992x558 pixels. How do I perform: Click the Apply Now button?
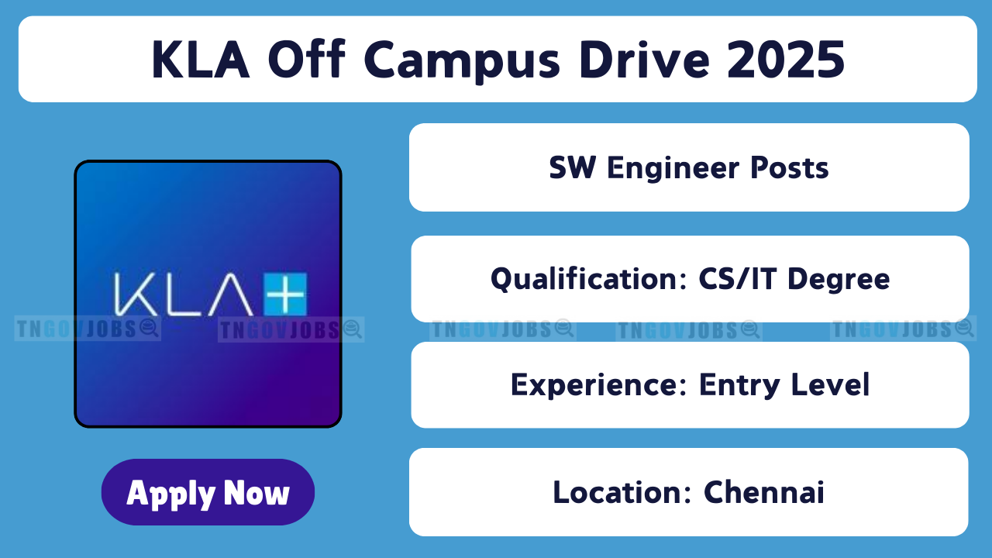coord(208,492)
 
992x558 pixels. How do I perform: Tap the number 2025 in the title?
coord(786,60)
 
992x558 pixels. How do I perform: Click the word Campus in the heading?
coord(463,60)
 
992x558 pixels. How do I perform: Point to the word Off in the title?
coord(306,59)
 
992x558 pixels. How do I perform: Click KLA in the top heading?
coord(201,60)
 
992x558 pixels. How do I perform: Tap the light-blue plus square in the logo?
coord(285,294)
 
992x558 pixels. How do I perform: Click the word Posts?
coord(789,168)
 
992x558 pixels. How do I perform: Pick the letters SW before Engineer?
coord(572,167)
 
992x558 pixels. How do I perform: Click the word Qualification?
coord(588,280)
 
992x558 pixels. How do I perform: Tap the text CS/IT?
coord(737,278)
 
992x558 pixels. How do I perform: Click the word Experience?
coord(598,385)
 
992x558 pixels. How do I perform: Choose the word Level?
coord(830,384)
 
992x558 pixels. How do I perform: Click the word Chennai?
coord(764,492)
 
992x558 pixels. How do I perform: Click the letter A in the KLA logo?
coord(230,294)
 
